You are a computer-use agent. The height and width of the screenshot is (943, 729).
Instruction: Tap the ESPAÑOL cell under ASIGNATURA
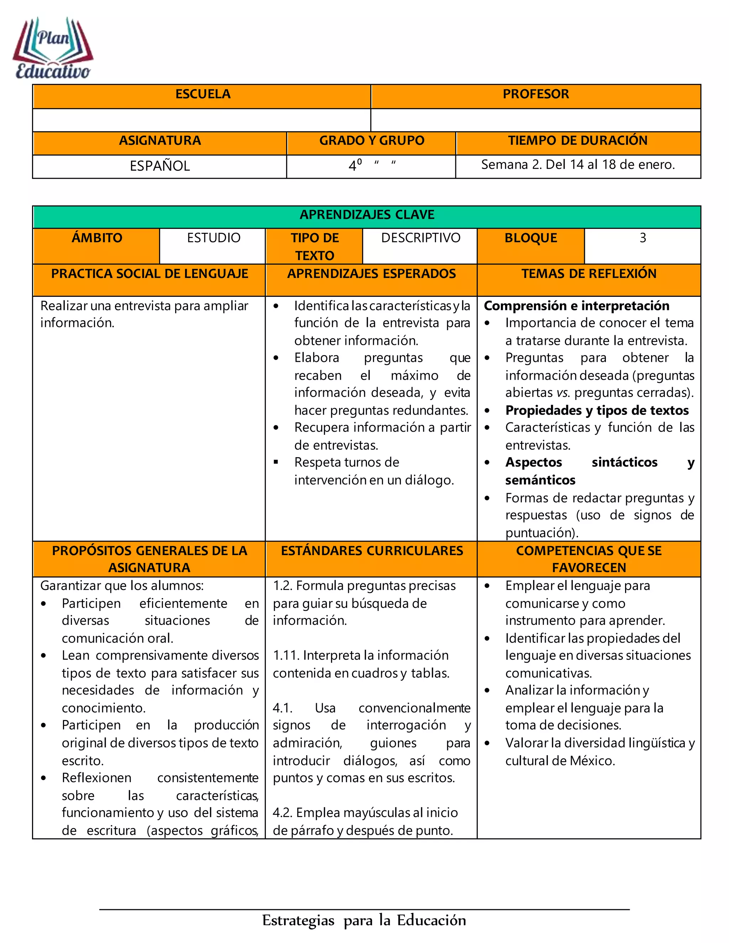click(x=160, y=166)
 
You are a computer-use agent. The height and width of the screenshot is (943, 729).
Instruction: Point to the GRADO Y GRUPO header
click(x=371, y=141)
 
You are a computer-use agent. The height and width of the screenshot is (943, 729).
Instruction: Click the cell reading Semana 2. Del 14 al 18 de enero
click(x=578, y=165)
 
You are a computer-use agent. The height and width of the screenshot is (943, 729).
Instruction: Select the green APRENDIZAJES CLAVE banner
click(x=367, y=215)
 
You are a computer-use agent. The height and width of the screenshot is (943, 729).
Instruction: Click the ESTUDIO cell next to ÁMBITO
click(x=213, y=238)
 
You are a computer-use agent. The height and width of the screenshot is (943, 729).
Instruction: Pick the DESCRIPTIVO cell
click(x=421, y=238)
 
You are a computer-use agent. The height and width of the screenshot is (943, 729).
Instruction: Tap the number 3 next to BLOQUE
click(x=643, y=238)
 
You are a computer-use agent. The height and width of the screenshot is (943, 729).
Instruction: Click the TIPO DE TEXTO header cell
click(x=314, y=246)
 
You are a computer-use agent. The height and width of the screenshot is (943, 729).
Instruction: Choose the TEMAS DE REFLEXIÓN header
click(x=589, y=274)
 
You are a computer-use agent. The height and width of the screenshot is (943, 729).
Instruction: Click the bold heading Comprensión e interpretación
click(x=577, y=306)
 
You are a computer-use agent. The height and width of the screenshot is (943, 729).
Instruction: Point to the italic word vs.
click(x=560, y=393)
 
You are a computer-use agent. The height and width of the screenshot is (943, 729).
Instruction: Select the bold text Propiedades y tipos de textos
click(x=597, y=410)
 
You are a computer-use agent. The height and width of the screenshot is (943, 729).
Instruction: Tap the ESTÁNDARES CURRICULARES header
click(x=372, y=551)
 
